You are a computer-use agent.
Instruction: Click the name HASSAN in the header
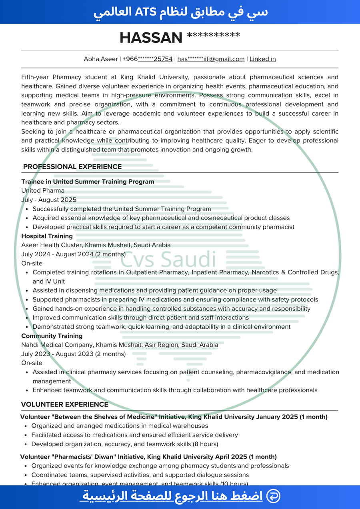[x=151, y=38]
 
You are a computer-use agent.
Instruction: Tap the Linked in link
[x=262, y=59]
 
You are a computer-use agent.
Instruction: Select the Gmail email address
[x=211, y=59]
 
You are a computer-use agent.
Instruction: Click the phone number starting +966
[x=148, y=59]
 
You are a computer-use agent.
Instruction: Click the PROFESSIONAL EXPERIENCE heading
[x=72, y=167]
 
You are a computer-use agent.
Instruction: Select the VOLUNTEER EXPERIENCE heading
[x=65, y=404]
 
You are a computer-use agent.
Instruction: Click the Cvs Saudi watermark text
[x=168, y=260]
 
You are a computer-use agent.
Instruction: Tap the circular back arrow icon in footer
[x=273, y=496]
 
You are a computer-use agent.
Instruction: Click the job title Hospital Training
[x=47, y=236]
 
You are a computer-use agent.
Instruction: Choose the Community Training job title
[x=52, y=336]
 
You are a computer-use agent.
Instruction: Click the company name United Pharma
[x=43, y=191]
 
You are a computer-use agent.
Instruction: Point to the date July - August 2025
[x=49, y=200]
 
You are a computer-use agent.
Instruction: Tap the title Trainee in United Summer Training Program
[x=88, y=182]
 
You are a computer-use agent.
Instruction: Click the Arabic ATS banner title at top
[x=180, y=12]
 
